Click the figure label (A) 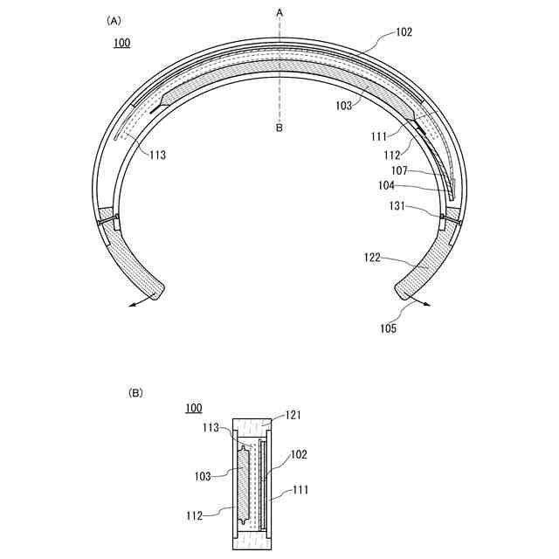click(x=114, y=21)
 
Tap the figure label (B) click(x=135, y=393)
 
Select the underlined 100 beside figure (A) click(x=122, y=43)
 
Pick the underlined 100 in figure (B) click(x=194, y=408)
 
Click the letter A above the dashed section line click(x=279, y=13)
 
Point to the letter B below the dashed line click(x=279, y=128)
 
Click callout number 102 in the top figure click(x=404, y=32)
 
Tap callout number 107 click(x=399, y=171)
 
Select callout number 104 click(x=386, y=185)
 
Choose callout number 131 click(x=397, y=206)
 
